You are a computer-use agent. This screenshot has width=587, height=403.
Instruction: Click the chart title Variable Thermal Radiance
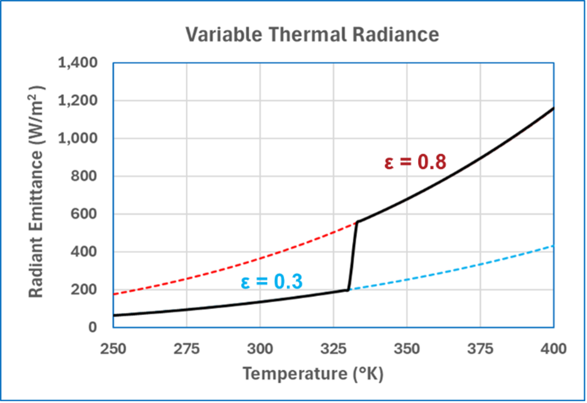point(312,35)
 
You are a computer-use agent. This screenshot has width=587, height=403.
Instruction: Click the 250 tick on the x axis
point(113,349)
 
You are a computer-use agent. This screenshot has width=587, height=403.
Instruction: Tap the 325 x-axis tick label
point(333,349)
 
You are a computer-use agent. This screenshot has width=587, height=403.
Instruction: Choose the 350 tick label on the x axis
point(407,349)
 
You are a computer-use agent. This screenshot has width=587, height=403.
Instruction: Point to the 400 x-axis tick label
point(554,349)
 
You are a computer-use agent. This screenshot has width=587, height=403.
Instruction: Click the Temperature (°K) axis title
point(312,374)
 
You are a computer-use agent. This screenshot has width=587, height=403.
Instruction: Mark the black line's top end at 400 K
point(553,109)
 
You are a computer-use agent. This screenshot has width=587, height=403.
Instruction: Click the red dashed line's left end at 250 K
point(114,294)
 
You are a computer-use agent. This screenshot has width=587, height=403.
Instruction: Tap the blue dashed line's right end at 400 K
point(553,246)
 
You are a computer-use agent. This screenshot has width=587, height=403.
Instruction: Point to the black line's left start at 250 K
point(114,315)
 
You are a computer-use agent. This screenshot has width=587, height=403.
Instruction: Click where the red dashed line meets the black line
point(357,222)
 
